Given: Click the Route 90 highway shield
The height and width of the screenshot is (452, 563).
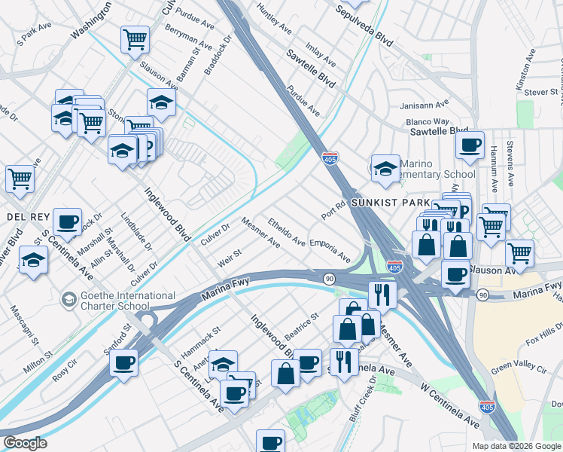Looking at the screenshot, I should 330,279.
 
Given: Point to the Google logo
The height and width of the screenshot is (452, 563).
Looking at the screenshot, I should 25,442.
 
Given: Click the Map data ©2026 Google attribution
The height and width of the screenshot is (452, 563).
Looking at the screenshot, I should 516,446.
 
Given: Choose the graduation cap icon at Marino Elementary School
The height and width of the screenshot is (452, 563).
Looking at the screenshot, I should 385,169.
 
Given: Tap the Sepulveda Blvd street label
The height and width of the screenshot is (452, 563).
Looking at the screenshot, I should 344,24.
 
